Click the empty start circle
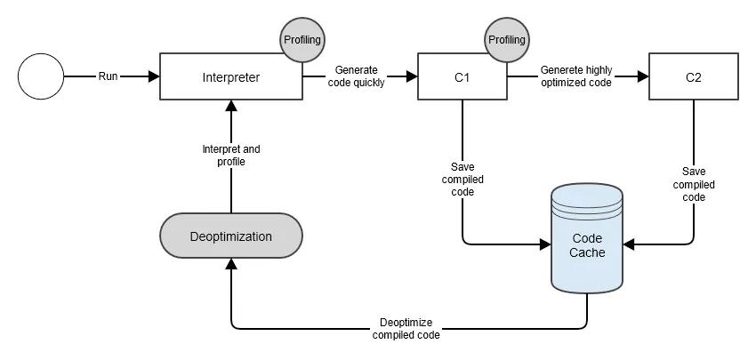pyautogui.click(x=41, y=76)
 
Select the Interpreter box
pyautogui.click(x=231, y=76)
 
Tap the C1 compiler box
pyautogui.click(x=462, y=76)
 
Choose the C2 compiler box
pyautogui.click(x=694, y=76)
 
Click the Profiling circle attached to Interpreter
pyautogui.click(x=302, y=40)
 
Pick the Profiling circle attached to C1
pyautogui.click(x=507, y=40)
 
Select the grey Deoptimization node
pyautogui.click(x=231, y=236)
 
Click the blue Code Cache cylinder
pyautogui.click(x=587, y=238)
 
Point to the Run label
pyautogui.click(x=108, y=76)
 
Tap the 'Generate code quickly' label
pyautogui.click(x=359, y=76)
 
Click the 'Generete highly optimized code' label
pyautogui.click(x=576, y=76)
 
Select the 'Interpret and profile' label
pyautogui.click(x=231, y=156)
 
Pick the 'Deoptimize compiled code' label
pyautogui.click(x=406, y=329)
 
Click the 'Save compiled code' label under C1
pyautogui.click(x=462, y=180)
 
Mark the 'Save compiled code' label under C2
pyautogui.click(x=694, y=185)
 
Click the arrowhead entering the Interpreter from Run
pyautogui.click(x=154, y=76)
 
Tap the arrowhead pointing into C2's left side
pyautogui.click(x=643, y=76)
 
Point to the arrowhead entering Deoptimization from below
pyautogui.click(x=231, y=264)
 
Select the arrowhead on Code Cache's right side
pyautogui.click(x=629, y=244)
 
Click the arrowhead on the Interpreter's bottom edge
pyautogui.click(x=231, y=106)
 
